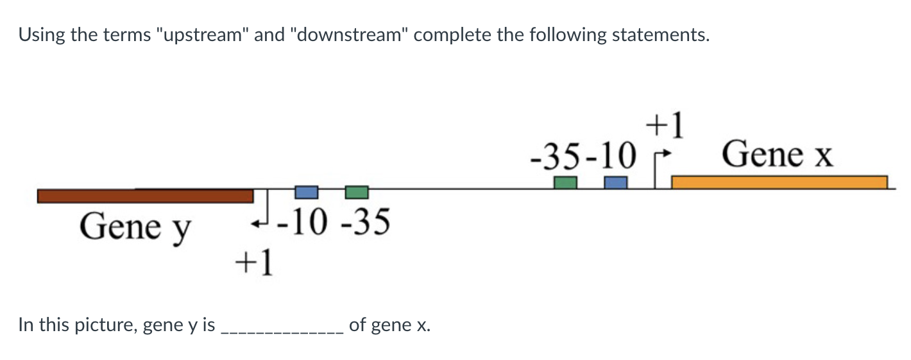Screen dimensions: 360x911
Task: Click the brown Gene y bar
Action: [x=145, y=196]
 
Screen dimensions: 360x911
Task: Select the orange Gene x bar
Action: [x=779, y=182]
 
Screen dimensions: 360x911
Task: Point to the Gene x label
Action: [x=777, y=155]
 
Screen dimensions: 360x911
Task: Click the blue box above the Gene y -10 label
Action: [x=306, y=192]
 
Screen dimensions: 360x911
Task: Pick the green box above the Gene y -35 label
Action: [x=356, y=192]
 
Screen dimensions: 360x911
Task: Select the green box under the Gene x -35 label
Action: [x=565, y=182]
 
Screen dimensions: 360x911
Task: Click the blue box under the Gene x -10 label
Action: [x=615, y=182]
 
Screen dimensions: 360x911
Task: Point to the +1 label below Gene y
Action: [x=254, y=262]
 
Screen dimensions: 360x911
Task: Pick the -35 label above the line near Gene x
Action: [x=556, y=155]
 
